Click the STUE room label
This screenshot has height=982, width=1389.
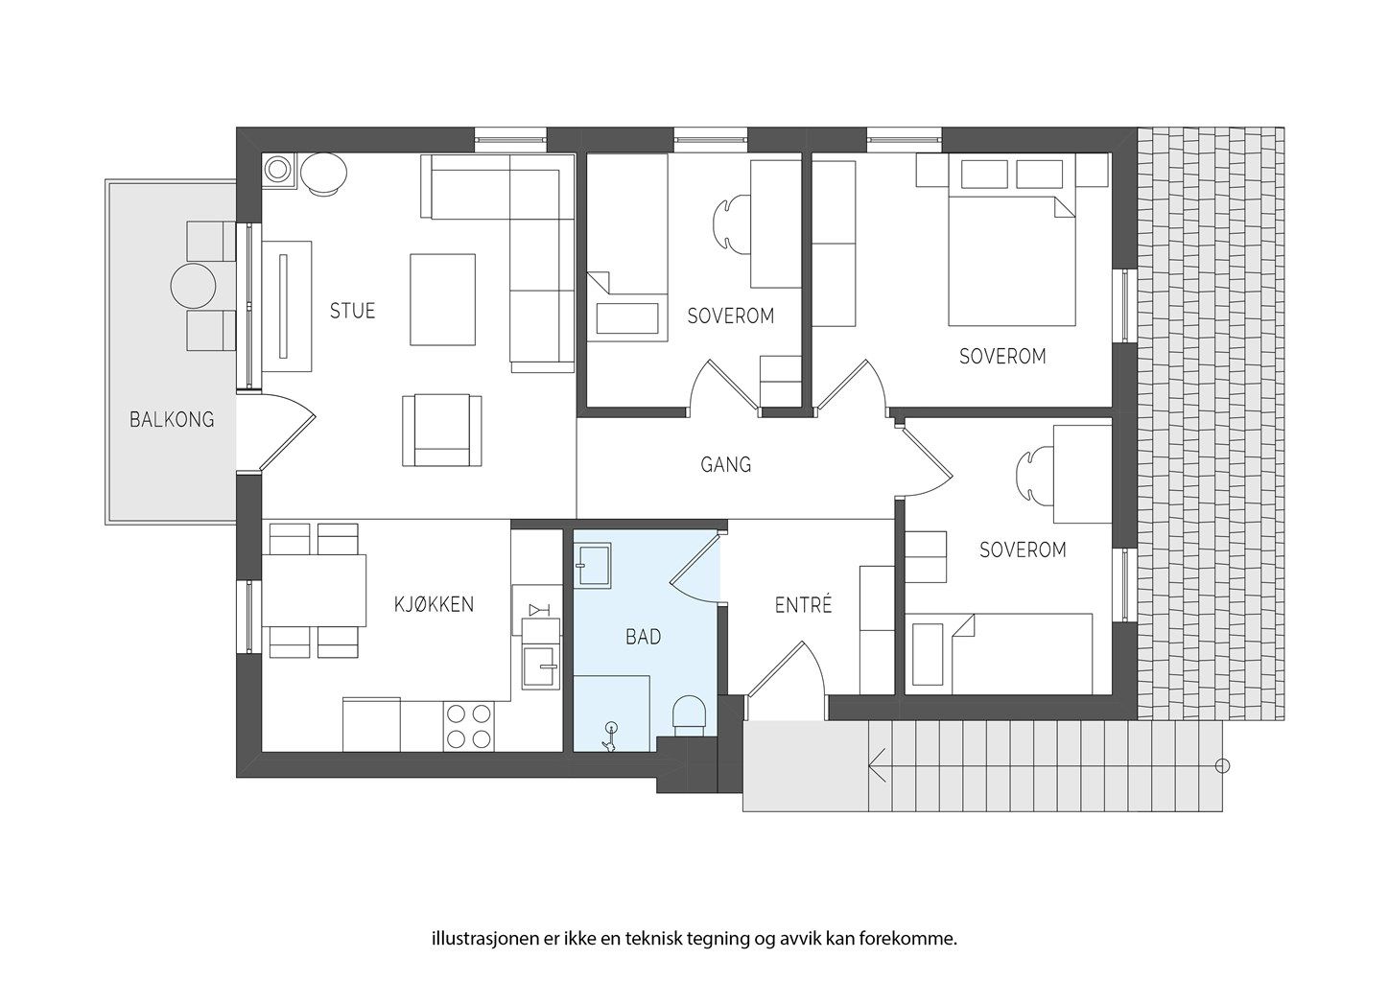coord(352,311)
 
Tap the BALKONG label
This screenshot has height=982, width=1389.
coord(172,419)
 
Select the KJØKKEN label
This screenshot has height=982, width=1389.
coord(434,604)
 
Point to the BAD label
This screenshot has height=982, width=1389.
coord(643,636)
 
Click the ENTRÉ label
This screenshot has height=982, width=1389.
coord(802,605)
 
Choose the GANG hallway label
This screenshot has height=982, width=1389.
coord(725,465)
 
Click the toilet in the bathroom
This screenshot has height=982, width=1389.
coord(689,714)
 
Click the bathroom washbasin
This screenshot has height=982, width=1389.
coord(594,564)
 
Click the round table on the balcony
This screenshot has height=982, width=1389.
coord(195,285)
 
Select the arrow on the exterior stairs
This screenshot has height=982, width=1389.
coord(877,765)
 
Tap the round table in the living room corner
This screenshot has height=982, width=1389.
coord(323,175)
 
